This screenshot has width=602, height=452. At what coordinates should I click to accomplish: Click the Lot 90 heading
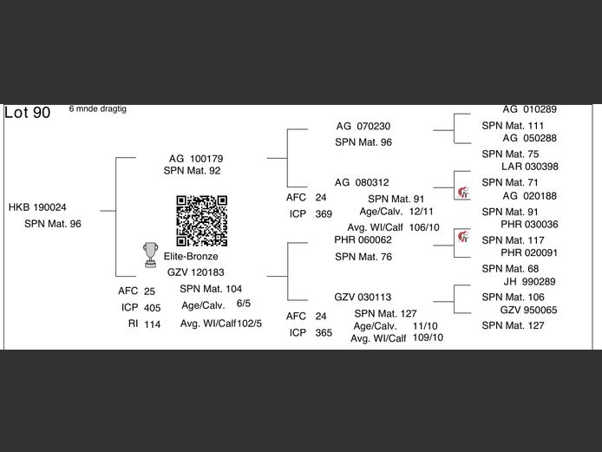point(28,113)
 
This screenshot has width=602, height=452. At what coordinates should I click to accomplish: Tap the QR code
point(202,220)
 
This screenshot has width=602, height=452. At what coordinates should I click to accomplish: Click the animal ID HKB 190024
point(37,207)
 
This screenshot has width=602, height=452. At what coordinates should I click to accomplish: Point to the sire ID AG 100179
point(195,159)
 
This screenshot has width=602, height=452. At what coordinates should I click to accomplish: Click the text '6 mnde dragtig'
point(98,109)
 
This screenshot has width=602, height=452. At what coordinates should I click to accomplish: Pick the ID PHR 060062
point(363,239)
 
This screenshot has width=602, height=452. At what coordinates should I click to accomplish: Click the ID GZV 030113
point(363,297)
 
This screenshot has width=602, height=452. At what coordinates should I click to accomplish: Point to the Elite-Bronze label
point(191,257)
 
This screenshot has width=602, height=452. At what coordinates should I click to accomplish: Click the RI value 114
point(153,324)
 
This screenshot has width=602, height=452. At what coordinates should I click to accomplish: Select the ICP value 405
point(153,308)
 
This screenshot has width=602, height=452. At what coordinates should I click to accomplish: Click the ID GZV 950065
point(529,310)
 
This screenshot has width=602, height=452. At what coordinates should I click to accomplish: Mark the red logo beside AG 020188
point(463,191)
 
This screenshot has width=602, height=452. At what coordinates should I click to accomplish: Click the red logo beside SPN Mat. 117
point(463,237)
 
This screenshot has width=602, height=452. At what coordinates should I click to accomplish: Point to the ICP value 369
point(324,213)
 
